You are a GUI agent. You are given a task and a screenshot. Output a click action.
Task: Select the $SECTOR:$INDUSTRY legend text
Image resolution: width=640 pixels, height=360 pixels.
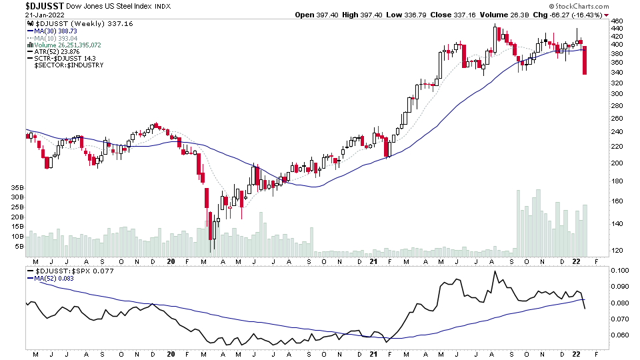pos(69,65)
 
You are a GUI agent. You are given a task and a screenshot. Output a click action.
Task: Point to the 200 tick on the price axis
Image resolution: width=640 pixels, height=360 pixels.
pos(617,163)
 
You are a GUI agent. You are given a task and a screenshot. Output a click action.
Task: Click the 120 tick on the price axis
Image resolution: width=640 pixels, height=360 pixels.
pos(617,251)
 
